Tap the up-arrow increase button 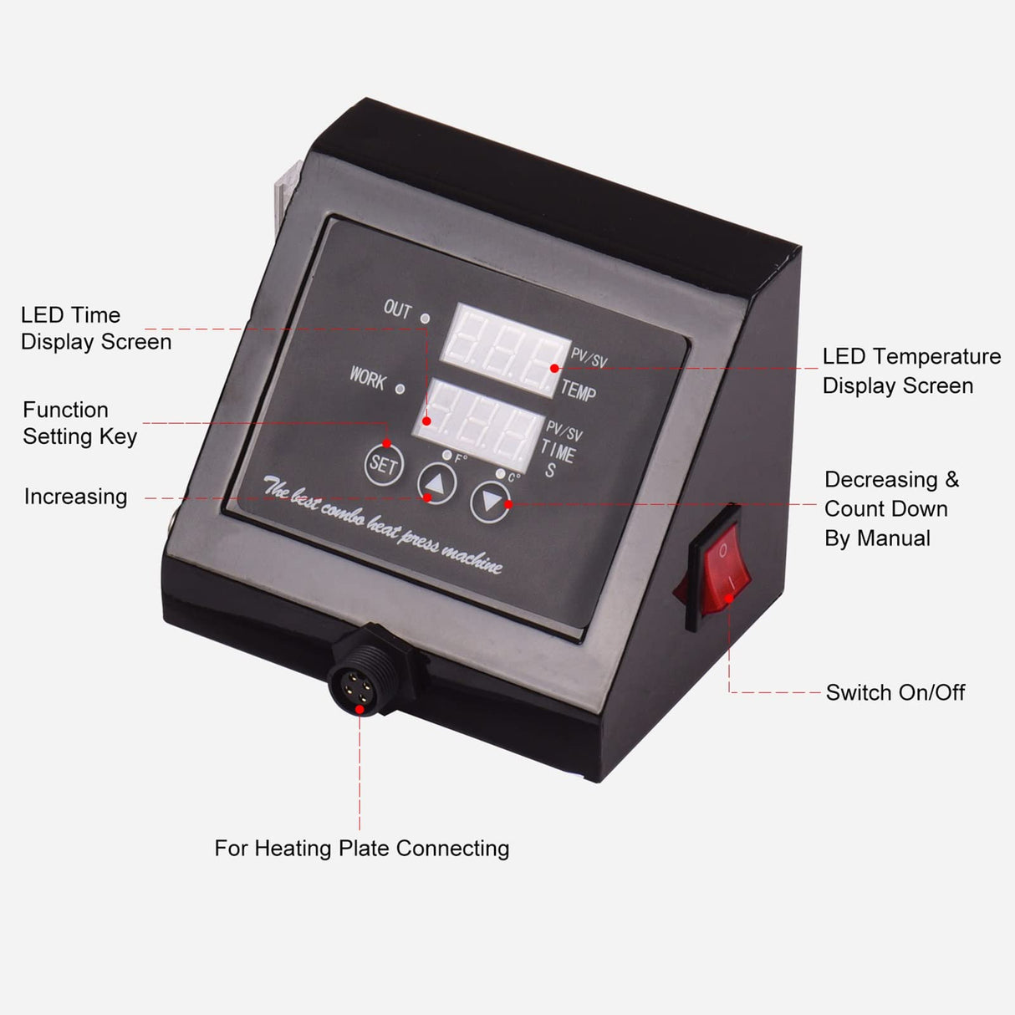[x=437, y=483]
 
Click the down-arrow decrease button [x=490, y=501]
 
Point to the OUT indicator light [x=425, y=319]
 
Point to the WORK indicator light [x=400, y=389]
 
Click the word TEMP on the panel [x=578, y=390]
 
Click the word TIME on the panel [x=558, y=452]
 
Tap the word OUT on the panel [x=397, y=309]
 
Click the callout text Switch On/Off [x=895, y=693]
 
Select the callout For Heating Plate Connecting [x=361, y=849]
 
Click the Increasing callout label [x=75, y=497]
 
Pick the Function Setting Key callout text [x=79, y=423]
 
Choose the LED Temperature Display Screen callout [x=910, y=371]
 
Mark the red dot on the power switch [x=729, y=598]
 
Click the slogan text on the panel [x=383, y=526]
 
